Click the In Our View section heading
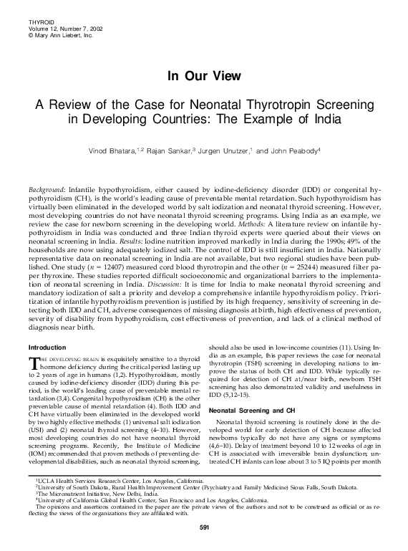pyautogui.click(x=203, y=75)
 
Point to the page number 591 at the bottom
pyautogui.click(x=203, y=528)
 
